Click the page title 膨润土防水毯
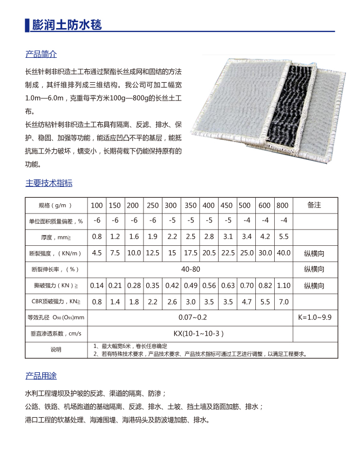pos(67,25)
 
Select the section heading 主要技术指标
pos(49,183)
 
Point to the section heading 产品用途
pos(41,376)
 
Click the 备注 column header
pos(314,205)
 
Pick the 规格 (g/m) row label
pos(56,206)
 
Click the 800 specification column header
pos(282,206)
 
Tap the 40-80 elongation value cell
pos(189,269)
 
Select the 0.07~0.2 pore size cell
pos(189,317)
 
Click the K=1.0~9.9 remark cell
pos(314,317)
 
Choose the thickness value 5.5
pos(283,237)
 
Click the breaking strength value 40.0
pos(283,253)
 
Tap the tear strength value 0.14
pos(97,285)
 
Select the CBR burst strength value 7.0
pos(283,301)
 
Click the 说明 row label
pos(56,350)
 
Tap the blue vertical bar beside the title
pos(26,25)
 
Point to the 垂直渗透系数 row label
pos(56,333)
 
